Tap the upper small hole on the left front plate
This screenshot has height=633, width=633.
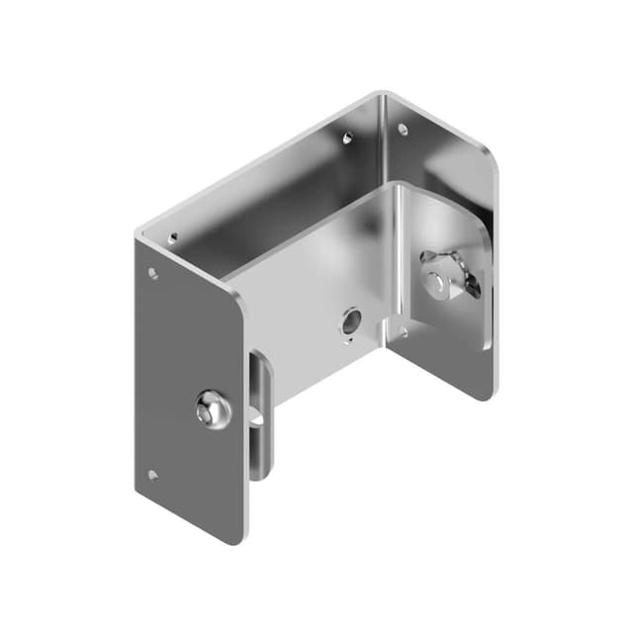pyautogui.click(x=152, y=273)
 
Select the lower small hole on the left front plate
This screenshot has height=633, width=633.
pyautogui.click(x=151, y=475)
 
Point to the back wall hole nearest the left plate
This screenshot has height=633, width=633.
pyautogui.click(x=174, y=237)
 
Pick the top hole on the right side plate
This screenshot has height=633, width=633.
pyautogui.click(x=403, y=128)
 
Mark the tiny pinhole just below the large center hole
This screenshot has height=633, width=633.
pyautogui.click(x=346, y=342)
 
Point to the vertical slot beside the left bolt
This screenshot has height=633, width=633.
pyautogui.click(x=259, y=415)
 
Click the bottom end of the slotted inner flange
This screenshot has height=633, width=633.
pyautogui.click(x=259, y=473)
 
